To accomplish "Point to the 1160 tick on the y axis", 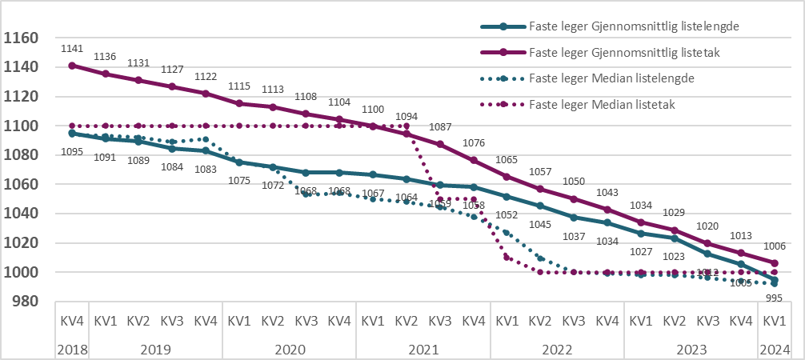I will (22, 38).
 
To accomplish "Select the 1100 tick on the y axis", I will (22, 126).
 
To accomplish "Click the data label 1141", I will (72, 50).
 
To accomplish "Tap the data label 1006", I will (773, 246).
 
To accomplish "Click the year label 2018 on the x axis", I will (72, 350).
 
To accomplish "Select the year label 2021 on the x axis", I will (423, 350).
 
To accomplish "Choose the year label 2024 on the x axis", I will (773, 350).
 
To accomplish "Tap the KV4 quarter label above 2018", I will (72, 321).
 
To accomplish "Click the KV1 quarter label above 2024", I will (773, 321).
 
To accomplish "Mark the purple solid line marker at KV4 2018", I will (72, 66).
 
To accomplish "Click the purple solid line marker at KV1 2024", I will (774, 263).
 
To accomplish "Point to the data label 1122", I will (206, 77).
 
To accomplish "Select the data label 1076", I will (474, 143).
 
